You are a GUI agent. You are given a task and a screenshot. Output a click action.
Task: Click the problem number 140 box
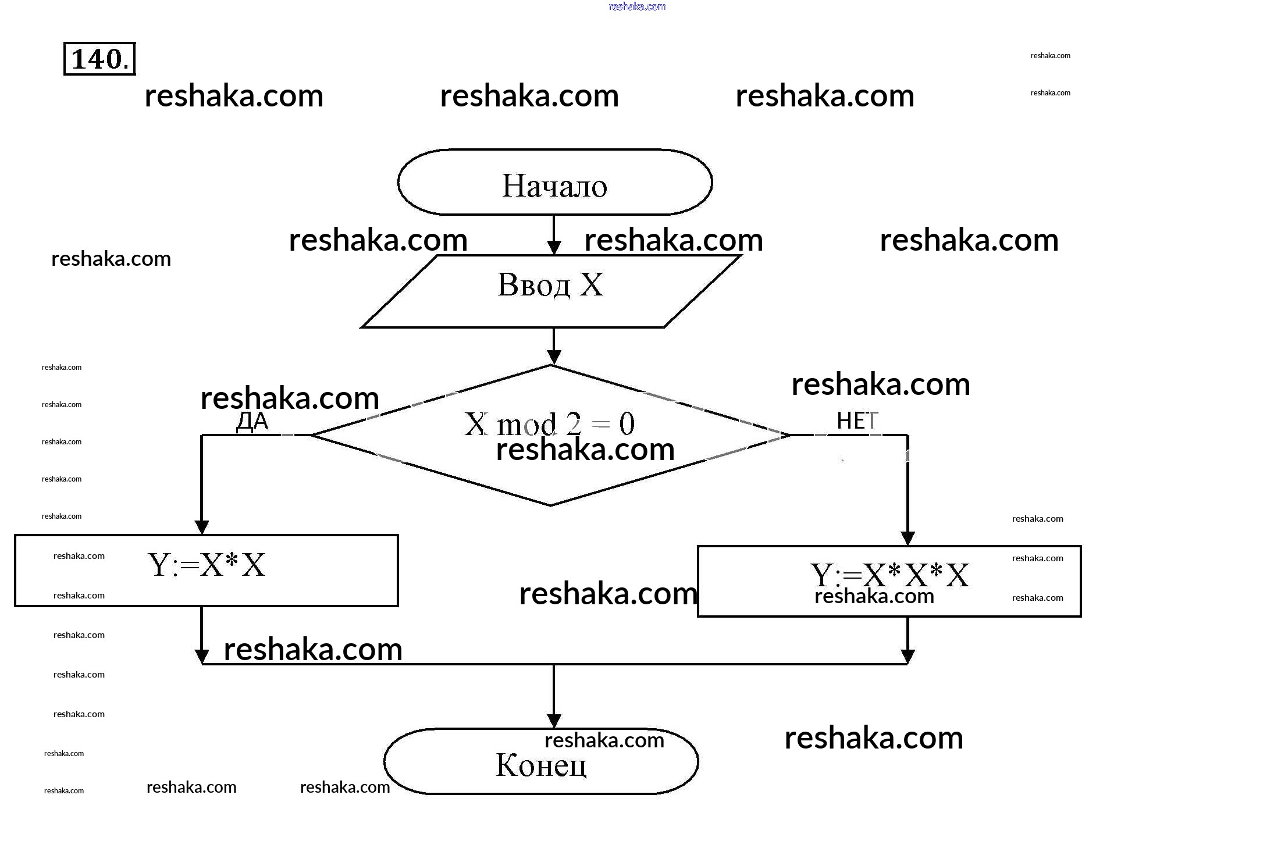pyautogui.click(x=99, y=59)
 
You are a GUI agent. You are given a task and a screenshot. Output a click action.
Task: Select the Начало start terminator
pyautogui.click(x=554, y=183)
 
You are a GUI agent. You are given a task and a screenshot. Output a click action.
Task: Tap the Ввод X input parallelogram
pyautogui.click(x=550, y=291)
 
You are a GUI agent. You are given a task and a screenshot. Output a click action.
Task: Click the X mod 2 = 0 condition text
pyautogui.click(x=549, y=423)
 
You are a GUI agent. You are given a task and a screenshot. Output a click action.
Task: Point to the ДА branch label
pyautogui.click(x=252, y=421)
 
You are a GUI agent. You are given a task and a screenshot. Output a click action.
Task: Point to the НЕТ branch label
pyautogui.click(x=857, y=421)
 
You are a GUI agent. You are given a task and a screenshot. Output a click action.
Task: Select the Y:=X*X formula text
pyautogui.click(x=207, y=565)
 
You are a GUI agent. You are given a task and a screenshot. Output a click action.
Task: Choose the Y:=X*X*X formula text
pyautogui.click(x=889, y=575)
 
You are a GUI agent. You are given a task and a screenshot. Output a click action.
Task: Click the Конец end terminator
pyautogui.click(x=541, y=762)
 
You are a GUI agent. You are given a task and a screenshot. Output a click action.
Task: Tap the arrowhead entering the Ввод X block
pyautogui.click(x=554, y=247)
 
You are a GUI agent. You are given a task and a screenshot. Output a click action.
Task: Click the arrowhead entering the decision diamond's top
pyautogui.click(x=554, y=357)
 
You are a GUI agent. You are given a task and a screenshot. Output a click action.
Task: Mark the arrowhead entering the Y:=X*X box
pyautogui.click(x=201, y=527)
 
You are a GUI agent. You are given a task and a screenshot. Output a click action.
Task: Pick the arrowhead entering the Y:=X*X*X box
pyautogui.click(x=908, y=538)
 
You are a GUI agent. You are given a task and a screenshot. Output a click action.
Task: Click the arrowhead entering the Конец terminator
pyautogui.click(x=554, y=721)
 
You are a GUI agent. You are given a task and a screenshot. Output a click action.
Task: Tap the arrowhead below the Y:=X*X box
pyautogui.click(x=201, y=657)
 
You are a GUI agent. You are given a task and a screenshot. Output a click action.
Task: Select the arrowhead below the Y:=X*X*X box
pyautogui.click(x=908, y=657)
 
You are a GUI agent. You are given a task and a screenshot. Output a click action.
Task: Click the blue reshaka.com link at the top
pyautogui.click(x=637, y=6)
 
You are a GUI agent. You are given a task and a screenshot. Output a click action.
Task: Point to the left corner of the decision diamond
pyautogui.click(x=312, y=435)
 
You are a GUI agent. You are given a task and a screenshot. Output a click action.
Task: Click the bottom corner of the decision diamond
pyautogui.click(x=550, y=505)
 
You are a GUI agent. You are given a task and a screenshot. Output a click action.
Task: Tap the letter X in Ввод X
pyautogui.click(x=592, y=285)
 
